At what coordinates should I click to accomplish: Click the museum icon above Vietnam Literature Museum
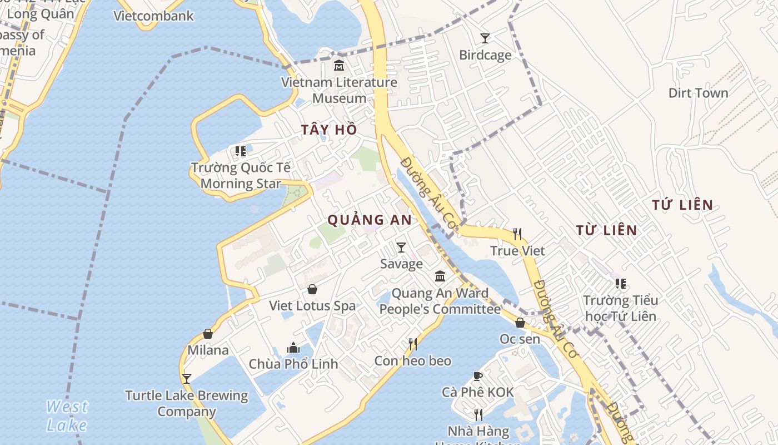[x=338, y=66]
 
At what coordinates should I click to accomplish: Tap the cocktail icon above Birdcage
[x=485, y=38]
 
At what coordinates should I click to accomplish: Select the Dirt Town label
[x=698, y=93]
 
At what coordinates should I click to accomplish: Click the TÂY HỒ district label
[x=329, y=130]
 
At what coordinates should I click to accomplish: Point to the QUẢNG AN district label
[x=370, y=220]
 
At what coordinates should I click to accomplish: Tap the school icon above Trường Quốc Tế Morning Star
[x=241, y=151]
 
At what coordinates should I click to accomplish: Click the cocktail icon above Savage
[x=401, y=248]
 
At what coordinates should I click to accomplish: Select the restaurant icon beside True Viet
[x=517, y=234]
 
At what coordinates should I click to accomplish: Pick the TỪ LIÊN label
[x=606, y=230]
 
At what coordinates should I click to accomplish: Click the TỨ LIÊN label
[x=682, y=205]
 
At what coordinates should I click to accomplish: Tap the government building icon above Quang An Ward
[x=440, y=276]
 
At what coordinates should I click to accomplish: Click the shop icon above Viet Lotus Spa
[x=312, y=289]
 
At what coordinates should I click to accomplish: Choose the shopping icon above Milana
[x=208, y=334]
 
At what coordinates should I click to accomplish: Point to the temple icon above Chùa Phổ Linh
[x=293, y=348]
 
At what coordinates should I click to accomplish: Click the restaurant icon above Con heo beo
[x=413, y=344]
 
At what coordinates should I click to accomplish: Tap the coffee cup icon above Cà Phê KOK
[x=478, y=376]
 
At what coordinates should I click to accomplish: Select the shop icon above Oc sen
[x=520, y=323]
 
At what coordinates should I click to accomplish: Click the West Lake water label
[x=67, y=416]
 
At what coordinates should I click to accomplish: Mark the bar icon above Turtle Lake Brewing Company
[x=187, y=379]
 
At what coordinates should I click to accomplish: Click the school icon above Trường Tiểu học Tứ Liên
[x=621, y=284]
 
